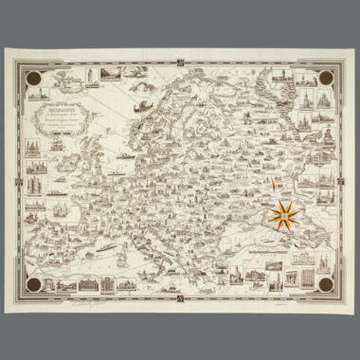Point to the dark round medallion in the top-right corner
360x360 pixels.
click(327, 80)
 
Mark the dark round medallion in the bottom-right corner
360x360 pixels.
click(326, 282)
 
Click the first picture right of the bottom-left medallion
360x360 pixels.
click(64, 282)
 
